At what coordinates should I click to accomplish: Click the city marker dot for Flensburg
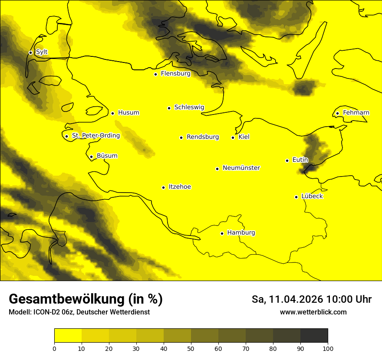pyautogui.click(x=155, y=74)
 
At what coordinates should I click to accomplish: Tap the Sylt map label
pyautogui.click(x=42, y=52)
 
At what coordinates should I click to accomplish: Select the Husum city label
pyautogui.click(x=128, y=113)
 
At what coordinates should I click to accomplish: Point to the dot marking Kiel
pyautogui.click(x=233, y=137)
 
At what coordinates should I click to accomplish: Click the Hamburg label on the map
pyautogui.click(x=241, y=233)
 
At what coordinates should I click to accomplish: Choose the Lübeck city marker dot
pyautogui.click(x=296, y=197)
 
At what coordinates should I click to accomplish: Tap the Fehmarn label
pyautogui.click(x=356, y=113)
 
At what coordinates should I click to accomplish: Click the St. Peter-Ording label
pyautogui.click(x=96, y=136)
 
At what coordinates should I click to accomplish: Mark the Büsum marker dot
pyautogui.click(x=91, y=157)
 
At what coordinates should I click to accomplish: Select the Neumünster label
pyautogui.click(x=241, y=168)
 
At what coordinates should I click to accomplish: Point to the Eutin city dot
pyautogui.click(x=287, y=160)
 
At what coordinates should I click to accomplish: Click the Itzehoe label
pyautogui.click(x=180, y=187)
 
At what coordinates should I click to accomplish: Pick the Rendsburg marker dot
pyautogui.click(x=181, y=137)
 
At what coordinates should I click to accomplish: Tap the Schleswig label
pyautogui.click(x=189, y=107)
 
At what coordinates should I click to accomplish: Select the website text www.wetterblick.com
pyautogui.click(x=313, y=312)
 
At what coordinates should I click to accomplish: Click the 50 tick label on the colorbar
pyautogui.click(x=191, y=348)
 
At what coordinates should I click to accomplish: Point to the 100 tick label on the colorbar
pyautogui.click(x=328, y=348)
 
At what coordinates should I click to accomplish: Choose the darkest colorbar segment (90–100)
pyautogui.click(x=314, y=336)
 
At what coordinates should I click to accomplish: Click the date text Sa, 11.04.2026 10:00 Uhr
pyautogui.click(x=311, y=299)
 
